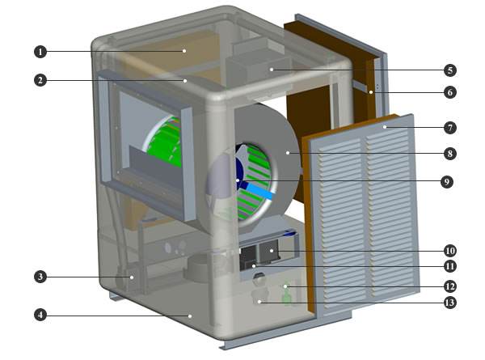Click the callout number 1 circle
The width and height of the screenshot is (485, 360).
40,52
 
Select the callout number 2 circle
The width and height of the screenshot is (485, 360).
40,80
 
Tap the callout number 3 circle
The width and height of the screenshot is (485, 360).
40,277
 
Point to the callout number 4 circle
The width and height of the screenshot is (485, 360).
40,316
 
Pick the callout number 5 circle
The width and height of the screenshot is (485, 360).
450,70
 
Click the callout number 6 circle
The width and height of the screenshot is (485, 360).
450,92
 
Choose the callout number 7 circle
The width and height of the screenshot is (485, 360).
450,128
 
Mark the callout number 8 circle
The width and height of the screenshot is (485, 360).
450,154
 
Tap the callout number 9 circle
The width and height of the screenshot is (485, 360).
447,182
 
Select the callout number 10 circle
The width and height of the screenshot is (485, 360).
450,251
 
